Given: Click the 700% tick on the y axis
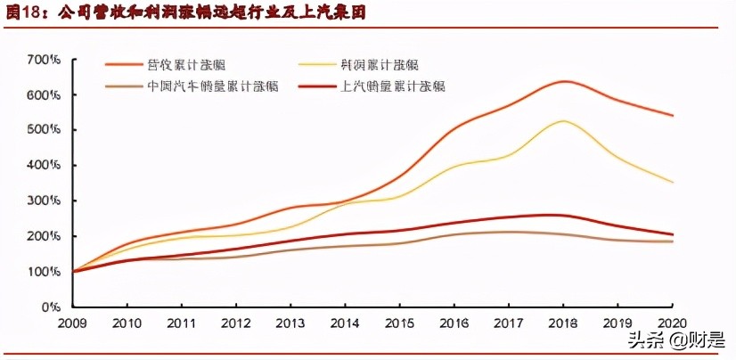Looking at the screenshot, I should coord(43,60).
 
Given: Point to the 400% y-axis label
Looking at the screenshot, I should coord(43,165).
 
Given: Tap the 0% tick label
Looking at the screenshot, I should coord(49,307).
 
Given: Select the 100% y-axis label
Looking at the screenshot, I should coord(43,271).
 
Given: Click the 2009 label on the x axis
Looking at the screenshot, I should coord(73,323).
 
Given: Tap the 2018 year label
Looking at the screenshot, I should coord(564,323).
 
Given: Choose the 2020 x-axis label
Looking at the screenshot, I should coord(673,323).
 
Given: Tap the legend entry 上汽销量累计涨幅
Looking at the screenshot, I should coord(392,86).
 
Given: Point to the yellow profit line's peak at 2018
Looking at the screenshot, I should coord(562,120).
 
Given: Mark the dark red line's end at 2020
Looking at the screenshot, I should coord(673,234).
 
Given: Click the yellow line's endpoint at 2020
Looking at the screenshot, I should coord(673,183).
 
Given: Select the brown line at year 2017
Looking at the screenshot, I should coord(508,232).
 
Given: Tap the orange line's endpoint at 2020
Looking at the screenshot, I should coord(673,116).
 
